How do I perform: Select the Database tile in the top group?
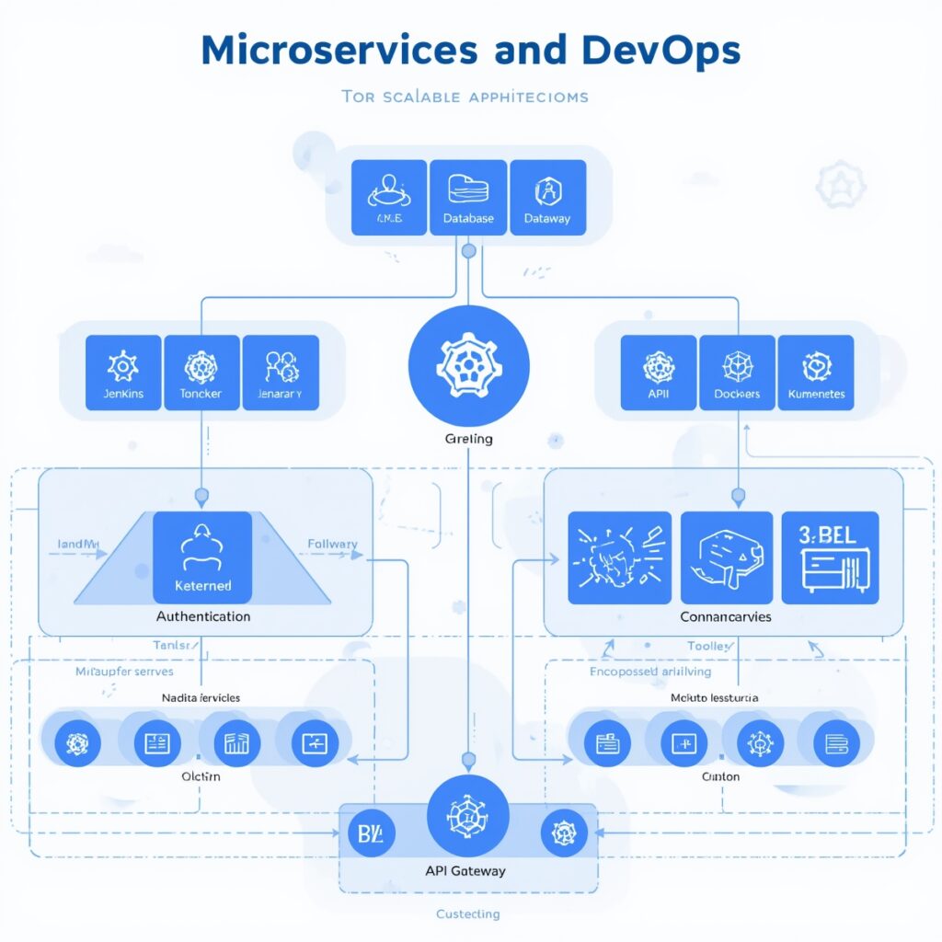coord(468,197)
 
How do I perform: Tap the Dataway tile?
coord(547,197)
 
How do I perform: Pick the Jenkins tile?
coord(123,373)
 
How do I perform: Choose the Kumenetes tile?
coord(816,373)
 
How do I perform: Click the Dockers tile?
coord(737,373)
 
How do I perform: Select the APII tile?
coord(659,373)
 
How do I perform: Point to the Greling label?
coord(468,439)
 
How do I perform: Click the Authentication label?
coord(202,616)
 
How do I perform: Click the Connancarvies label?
coord(726,616)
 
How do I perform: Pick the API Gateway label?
coord(465,870)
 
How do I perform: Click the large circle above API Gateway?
coord(467,816)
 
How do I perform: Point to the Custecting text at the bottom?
coord(467,913)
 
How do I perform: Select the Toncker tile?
coord(201,373)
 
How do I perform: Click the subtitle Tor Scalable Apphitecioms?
coord(465,96)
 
